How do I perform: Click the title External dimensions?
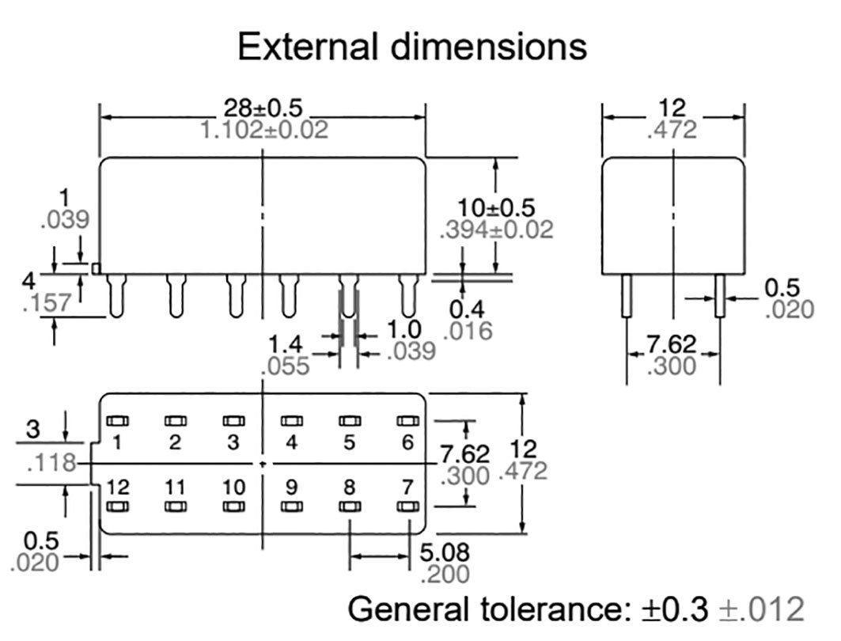pyautogui.click(x=412, y=47)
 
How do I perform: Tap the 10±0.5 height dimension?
pyautogui.click(x=496, y=207)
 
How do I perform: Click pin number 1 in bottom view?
pyautogui.click(x=117, y=442)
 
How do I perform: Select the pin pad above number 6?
pyautogui.click(x=407, y=421)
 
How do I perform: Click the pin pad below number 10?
pyautogui.click(x=233, y=506)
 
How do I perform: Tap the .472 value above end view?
pyautogui.click(x=672, y=131)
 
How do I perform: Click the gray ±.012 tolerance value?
pyautogui.click(x=761, y=609)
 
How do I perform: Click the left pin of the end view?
pyautogui.click(x=627, y=295)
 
